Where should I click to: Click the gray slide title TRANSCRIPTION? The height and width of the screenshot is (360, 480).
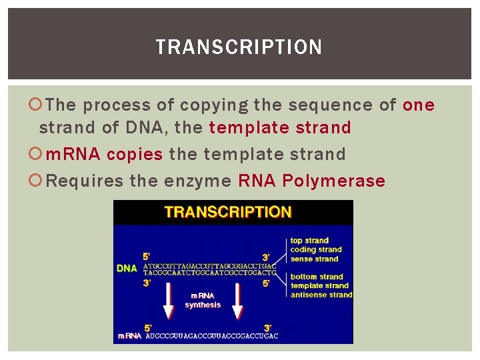239,47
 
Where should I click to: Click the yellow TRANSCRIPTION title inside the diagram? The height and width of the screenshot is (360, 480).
228,212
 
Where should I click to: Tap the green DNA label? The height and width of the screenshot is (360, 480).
127,268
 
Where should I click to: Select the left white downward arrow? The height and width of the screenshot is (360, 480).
169,301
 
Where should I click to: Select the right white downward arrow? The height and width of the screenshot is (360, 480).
237,301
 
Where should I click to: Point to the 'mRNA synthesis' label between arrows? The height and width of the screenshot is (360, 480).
203,300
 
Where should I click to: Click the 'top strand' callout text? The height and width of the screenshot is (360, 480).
309,241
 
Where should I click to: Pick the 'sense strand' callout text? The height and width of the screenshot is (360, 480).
314,259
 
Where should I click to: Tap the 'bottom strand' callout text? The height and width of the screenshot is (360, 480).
317,277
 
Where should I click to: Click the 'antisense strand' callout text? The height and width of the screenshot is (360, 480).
321,295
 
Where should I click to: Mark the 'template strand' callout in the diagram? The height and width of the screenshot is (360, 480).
319,286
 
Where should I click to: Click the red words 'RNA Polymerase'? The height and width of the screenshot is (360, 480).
311,181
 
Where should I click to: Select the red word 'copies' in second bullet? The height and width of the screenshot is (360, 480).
135,154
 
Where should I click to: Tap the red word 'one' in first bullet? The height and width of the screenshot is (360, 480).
419,105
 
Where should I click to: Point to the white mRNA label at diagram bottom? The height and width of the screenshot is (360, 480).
129,336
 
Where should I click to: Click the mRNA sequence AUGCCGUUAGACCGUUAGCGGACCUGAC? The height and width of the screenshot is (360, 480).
211,336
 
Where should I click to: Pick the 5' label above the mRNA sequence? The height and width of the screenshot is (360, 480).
148,327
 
